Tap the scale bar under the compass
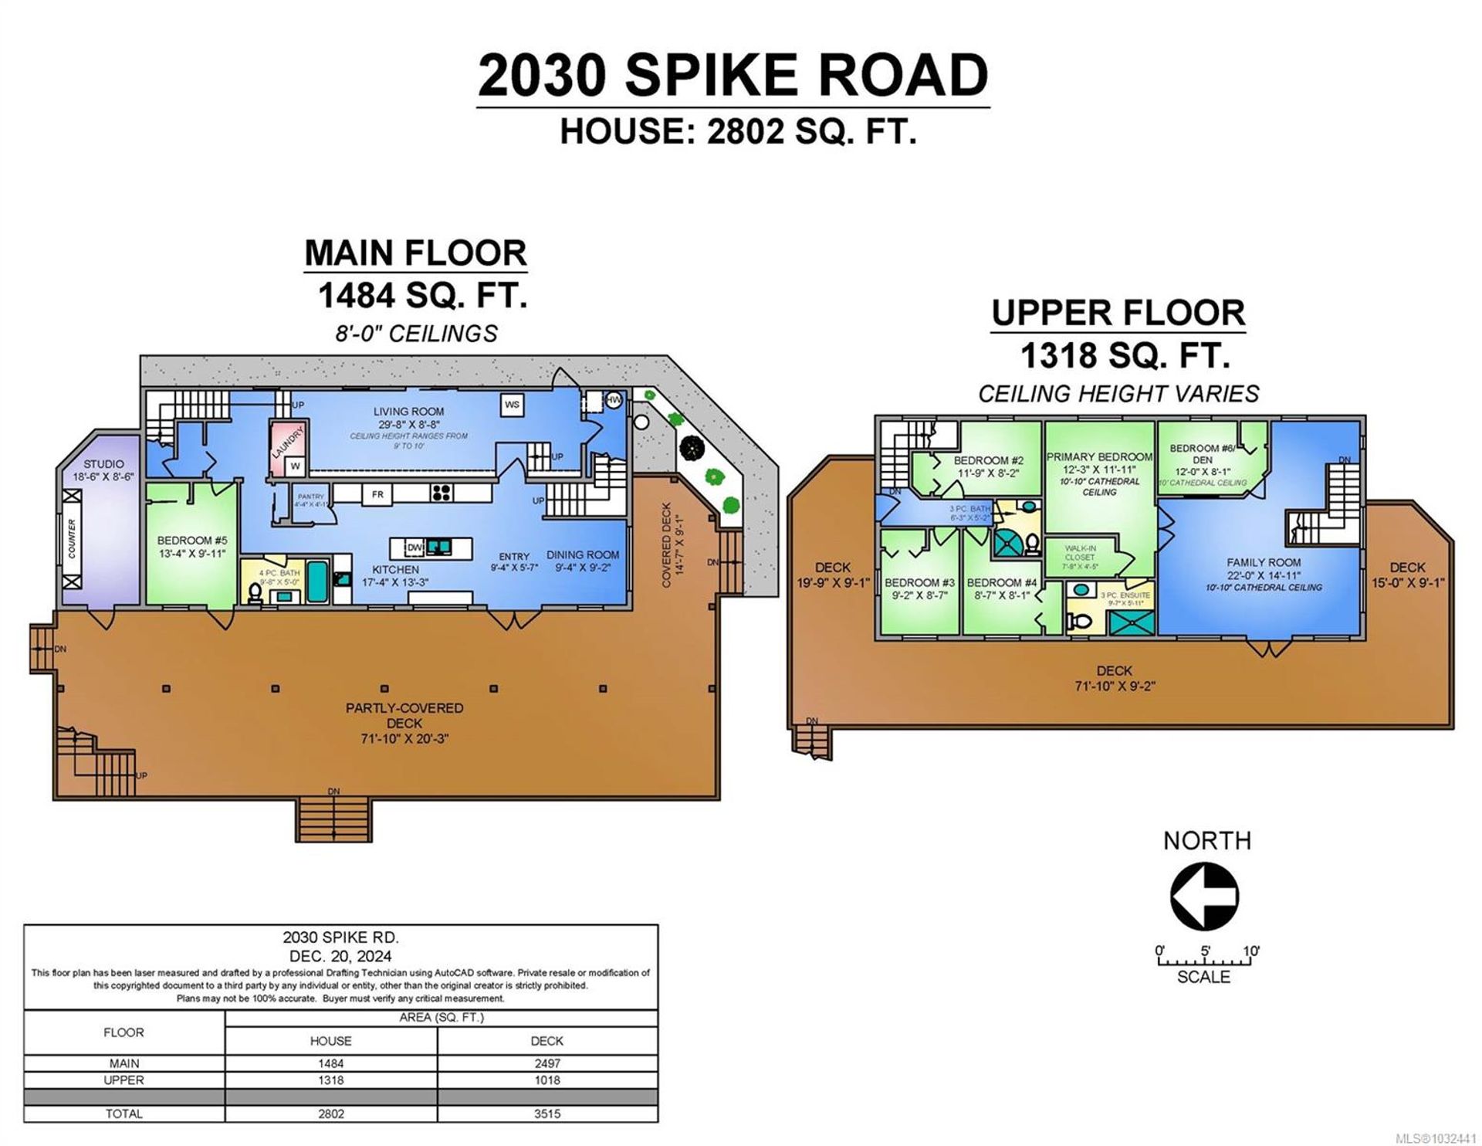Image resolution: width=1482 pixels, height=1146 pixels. point(1204,962)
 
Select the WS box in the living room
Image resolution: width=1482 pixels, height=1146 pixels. point(511,405)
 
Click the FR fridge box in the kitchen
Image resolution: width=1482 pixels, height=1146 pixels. point(377,494)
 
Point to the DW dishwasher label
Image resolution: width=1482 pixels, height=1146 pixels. point(414,548)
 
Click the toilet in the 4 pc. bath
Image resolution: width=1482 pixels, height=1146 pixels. point(255,593)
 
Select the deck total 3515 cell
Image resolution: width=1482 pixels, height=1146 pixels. point(546,1114)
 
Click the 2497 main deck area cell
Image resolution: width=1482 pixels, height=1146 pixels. point(546,1063)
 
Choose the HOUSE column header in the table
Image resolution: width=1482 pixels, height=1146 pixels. point(331,1041)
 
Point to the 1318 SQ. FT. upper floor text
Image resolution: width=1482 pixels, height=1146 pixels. point(1125,356)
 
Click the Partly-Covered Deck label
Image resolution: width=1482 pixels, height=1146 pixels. point(404,708)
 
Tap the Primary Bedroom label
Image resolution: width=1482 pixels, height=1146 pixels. point(1099,457)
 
